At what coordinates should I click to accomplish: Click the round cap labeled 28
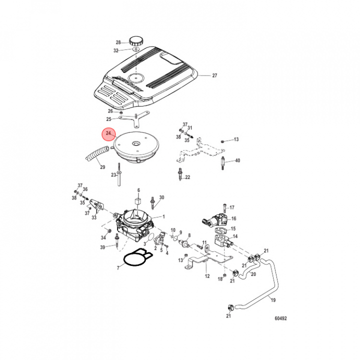pyautogui.click(x=135, y=40)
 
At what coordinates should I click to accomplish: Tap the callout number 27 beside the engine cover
pyautogui.click(x=214, y=76)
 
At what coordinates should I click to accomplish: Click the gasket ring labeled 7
pyautogui.click(x=135, y=260)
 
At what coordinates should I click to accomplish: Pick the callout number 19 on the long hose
pyautogui.click(x=273, y=300)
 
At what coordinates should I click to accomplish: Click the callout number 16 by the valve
pyautogui.click(x=233, y=218)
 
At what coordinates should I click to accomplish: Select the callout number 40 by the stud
pyautogui.click(x=237, y=160)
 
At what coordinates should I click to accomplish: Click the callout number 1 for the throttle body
pyautogui.click(x=163, y=217)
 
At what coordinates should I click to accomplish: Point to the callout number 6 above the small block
pyautogui.click(x=139, y=190)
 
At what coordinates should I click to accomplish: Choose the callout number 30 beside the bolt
pyautogui.click(x=161, y=197)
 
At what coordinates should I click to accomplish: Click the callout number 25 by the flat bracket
pyautogui.click(x=108, y=119)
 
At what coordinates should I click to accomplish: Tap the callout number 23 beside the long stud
pyautogui.click(x=113, y=174)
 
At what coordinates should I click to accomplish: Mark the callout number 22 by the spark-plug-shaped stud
pyautogui.click(x=187, y=177)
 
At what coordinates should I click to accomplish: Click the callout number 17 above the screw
pyautogui.click(x=232, y=207)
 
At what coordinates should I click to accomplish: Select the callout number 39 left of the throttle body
pyautogui.click(x=102, y=247)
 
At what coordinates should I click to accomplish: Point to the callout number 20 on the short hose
pyautogui.click(x=253, y=274)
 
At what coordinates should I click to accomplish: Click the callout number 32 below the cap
pyautogui.click(x=116, y=50)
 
